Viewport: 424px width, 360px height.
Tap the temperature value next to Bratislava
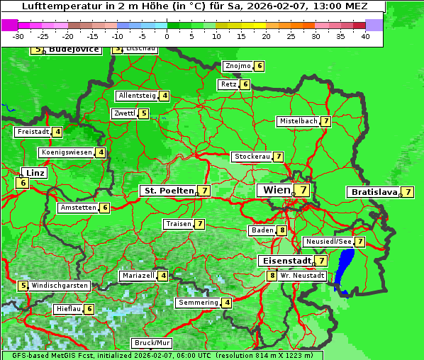408,192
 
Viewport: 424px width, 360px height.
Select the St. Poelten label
167,191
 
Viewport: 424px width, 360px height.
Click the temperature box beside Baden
281,230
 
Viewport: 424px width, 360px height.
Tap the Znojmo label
238,66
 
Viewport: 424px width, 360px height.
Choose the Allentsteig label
137,96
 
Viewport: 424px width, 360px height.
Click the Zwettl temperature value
144,113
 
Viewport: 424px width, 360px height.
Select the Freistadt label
33,132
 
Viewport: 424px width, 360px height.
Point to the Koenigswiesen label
67,152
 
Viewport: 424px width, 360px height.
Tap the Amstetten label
78,208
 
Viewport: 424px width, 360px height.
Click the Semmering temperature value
227,303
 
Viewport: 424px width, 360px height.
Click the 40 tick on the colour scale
365,36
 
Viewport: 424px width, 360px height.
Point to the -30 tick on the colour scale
18,36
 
